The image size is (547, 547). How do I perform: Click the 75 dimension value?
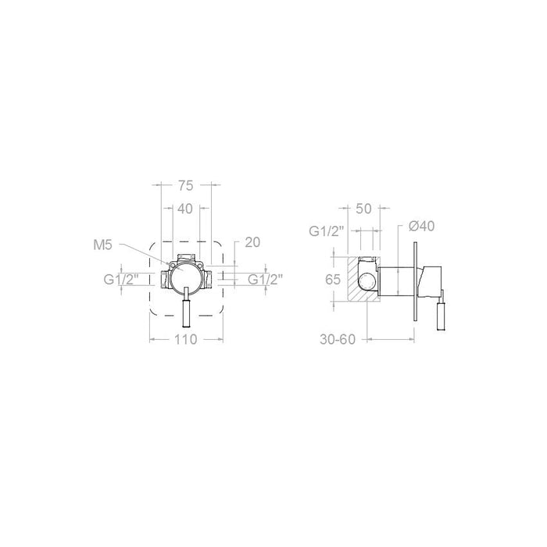pos(185,185)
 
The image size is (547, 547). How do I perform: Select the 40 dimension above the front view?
pos(185,209)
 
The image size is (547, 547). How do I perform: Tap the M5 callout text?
pos(103,245)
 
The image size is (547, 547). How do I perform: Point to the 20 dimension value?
pos(252,242)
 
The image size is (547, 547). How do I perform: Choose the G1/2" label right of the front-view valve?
pos(266,279)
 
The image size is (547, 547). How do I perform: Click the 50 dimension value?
pos(363,209)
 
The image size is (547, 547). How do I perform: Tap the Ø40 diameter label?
pos(421,226)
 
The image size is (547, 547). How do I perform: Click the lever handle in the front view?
pos(186,313)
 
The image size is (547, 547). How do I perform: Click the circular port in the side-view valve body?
pos(366,277)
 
